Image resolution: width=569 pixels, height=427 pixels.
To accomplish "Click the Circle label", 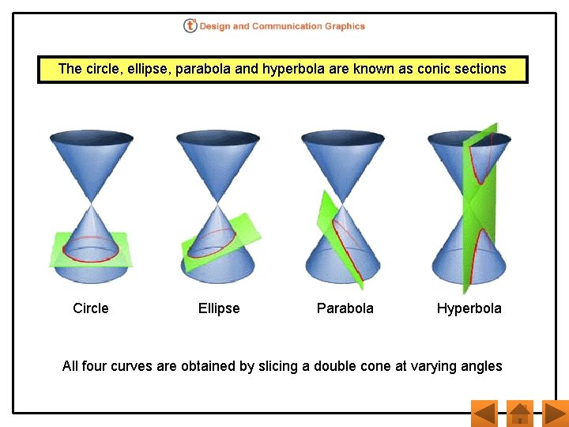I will pos(91,308).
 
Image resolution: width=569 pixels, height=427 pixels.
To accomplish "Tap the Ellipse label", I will pos(219,308).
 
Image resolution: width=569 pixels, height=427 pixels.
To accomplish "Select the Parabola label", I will pos(345,308).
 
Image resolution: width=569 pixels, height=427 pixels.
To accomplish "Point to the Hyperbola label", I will pos(469,308).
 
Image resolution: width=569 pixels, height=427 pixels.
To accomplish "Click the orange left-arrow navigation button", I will pos(483,414).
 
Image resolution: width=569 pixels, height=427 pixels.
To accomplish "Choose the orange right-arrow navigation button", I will pos(556,414).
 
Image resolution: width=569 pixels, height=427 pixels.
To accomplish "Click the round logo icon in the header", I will pos(190,26).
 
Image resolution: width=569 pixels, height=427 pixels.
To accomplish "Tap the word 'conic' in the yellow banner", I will pos(437,69).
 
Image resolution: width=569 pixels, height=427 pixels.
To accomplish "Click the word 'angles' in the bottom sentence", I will pos(480,366).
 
